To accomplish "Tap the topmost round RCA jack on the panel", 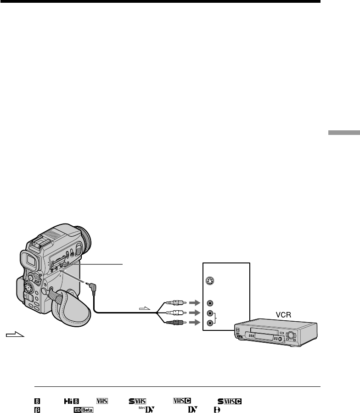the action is coord(210,303).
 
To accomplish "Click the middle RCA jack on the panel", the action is coord(210,313).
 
